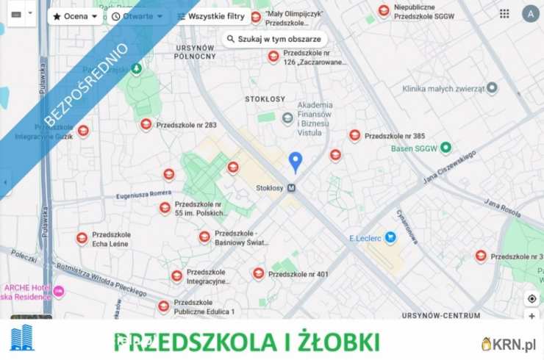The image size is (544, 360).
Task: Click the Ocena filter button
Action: point(75,16)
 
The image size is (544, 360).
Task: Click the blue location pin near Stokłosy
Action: point(296,161)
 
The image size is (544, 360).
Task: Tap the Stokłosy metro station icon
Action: point(292,187)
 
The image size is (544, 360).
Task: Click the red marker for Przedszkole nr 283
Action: point(146,124)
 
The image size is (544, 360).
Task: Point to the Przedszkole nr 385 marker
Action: point(354,135)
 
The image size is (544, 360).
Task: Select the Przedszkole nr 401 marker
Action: point(258,273)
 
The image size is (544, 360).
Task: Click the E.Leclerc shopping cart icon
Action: point(390,237)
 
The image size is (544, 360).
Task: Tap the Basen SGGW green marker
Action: point(445,148)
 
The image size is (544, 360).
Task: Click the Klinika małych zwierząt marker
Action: point(492,88)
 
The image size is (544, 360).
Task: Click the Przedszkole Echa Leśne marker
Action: point(82,238)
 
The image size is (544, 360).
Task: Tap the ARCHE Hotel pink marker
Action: point(59,291)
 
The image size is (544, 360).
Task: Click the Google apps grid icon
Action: point(504,14)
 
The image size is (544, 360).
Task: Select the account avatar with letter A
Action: point(530,14)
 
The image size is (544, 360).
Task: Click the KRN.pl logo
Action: point(509,344)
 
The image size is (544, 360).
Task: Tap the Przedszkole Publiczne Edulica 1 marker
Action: point(163,306)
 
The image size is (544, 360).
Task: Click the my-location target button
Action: point(532,298)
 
